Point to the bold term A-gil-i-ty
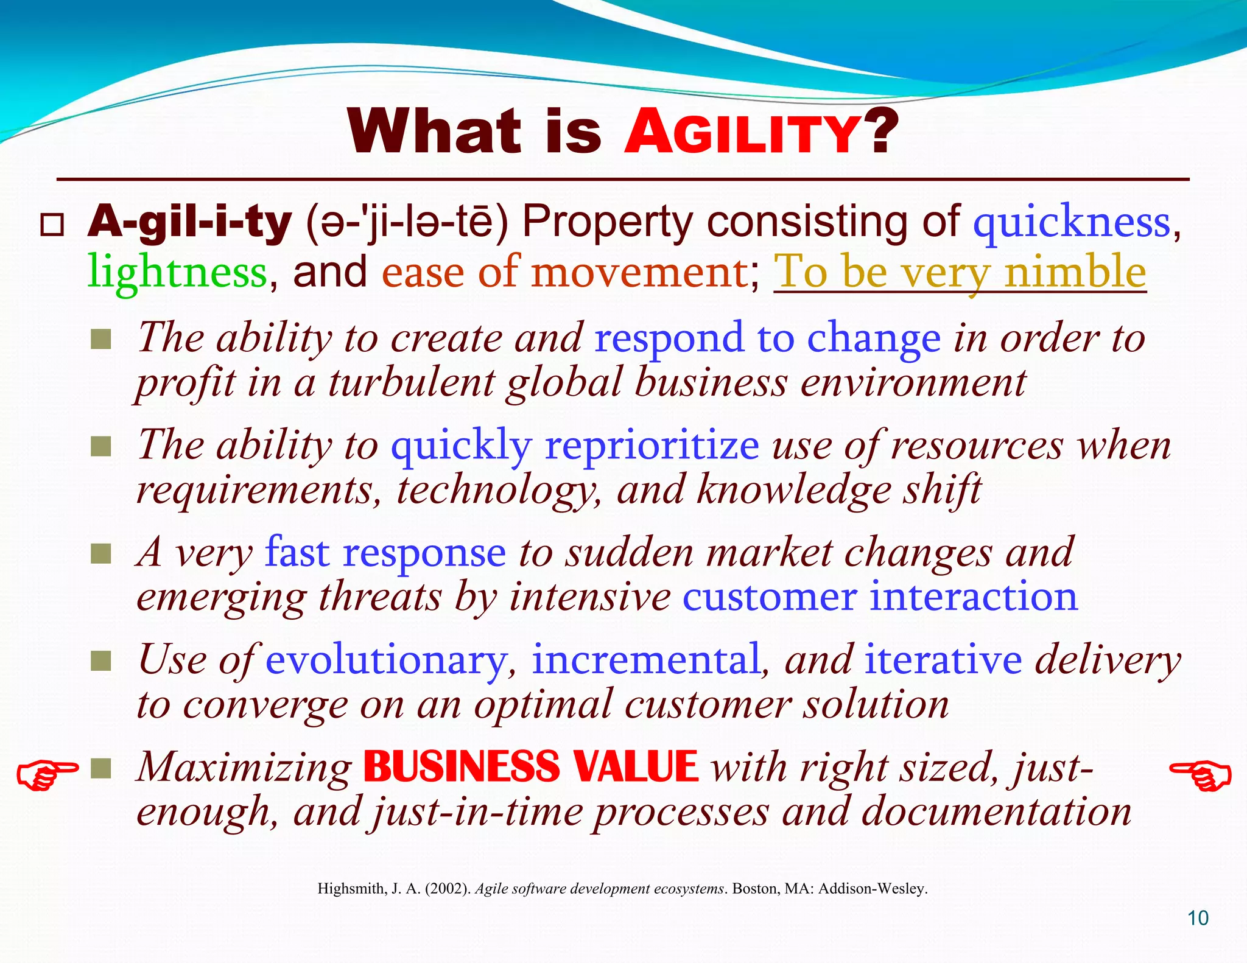189,222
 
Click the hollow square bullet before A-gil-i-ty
52,225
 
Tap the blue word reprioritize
652,445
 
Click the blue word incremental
646,660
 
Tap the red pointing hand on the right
1200,775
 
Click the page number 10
1198,918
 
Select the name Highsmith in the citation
350,889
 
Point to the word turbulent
412,383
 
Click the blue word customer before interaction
769,597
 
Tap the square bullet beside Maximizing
100,768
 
